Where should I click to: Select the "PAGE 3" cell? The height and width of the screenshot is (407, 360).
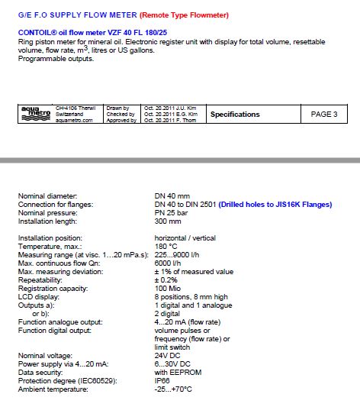tap(324, 115)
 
